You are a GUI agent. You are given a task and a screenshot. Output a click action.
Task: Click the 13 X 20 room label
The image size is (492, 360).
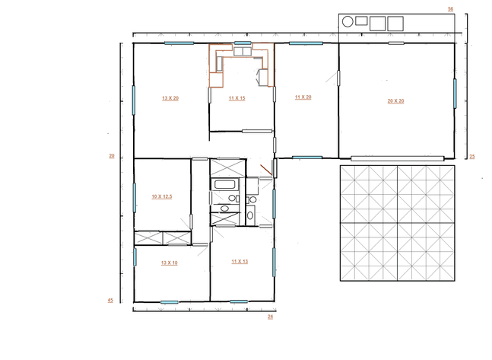[170, 98]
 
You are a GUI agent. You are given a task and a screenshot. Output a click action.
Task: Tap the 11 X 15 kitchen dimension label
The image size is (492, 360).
[236, 98]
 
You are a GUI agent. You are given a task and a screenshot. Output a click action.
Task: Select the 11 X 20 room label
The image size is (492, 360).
[304, 97]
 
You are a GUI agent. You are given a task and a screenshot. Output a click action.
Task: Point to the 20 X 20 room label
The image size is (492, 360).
[395, 100]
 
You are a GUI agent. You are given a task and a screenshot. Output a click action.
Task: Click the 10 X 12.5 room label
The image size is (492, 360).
[161, 196]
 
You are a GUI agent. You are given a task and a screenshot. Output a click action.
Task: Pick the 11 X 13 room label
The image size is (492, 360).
[240, 261]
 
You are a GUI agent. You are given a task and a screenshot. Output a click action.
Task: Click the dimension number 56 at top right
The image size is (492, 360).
[450, 8]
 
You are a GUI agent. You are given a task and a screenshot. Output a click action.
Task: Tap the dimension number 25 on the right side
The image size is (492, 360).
[471, 157]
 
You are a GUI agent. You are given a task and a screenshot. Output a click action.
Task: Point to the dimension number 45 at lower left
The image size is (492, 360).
[110, 301]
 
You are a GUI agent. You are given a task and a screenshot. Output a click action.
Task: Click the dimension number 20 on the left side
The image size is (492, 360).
[111, 156]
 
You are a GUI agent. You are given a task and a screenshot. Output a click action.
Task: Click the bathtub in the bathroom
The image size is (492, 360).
[224, 184]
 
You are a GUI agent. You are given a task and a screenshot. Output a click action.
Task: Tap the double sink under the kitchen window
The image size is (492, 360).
[243, 52]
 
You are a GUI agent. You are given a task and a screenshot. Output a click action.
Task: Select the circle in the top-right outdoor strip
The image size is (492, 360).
[348, 22]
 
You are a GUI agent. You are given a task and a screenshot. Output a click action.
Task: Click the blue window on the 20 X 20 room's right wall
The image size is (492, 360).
[456, 92]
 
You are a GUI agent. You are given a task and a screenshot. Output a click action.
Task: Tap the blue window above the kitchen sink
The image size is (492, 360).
[243, 43]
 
